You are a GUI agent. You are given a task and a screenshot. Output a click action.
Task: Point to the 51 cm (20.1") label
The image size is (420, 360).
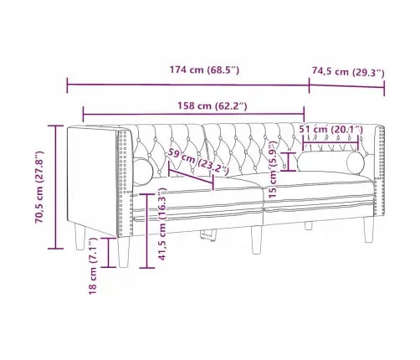point(331,128)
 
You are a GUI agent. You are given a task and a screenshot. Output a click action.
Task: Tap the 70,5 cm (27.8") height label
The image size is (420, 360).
point(39,188)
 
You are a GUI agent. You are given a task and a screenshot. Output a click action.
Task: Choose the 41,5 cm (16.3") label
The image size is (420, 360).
point(161,227)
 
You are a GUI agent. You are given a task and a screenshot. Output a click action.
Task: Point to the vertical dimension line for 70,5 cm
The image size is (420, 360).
point(55,187)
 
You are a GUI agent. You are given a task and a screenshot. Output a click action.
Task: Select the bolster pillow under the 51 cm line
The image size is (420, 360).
point(331,161)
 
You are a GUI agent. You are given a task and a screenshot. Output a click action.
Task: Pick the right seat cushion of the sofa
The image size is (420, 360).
point(318,186)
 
